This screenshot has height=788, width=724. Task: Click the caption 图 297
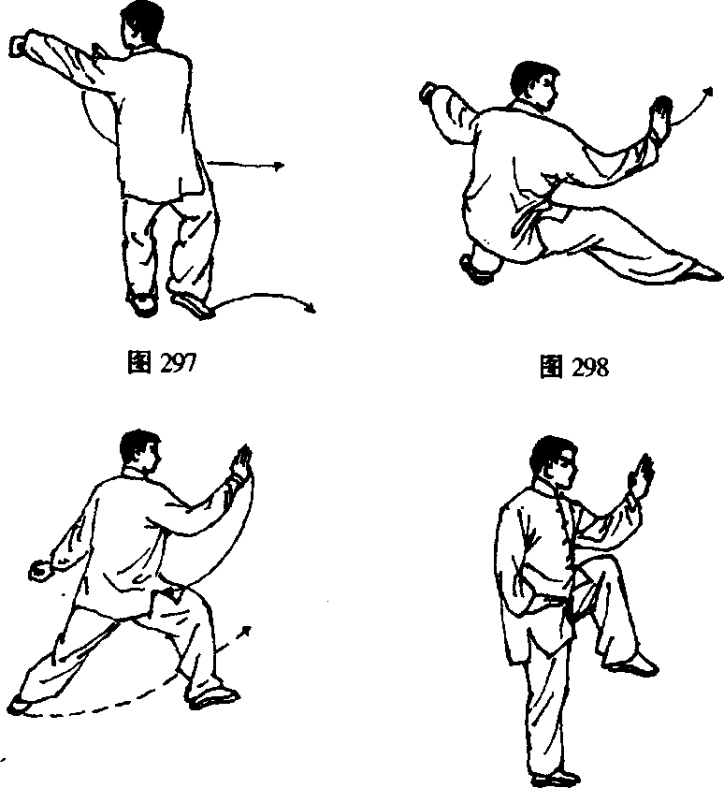pos(161,362)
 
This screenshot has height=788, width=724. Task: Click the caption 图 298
pos(573,366)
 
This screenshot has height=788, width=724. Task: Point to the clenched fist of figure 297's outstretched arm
pos(19,46)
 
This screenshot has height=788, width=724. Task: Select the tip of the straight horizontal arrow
pos(282,166)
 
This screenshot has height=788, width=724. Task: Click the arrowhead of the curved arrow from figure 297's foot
pos(311,309)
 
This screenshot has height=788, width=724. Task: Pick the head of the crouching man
pos(534,85)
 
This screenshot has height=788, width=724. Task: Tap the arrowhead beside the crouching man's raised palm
pos(708,92)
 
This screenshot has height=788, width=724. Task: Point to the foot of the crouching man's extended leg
pos(703,272)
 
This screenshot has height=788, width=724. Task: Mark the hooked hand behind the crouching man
pos(428,93)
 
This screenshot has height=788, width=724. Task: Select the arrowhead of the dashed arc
pos(246,631)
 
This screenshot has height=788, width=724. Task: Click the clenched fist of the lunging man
pos(39,570)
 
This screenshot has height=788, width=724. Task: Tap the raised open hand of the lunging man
pos(241,462)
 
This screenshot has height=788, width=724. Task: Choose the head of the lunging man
pos(140,450)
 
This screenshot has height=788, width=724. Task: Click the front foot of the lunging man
pos(215,698)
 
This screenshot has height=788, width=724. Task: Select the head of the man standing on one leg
pos(553,463)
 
